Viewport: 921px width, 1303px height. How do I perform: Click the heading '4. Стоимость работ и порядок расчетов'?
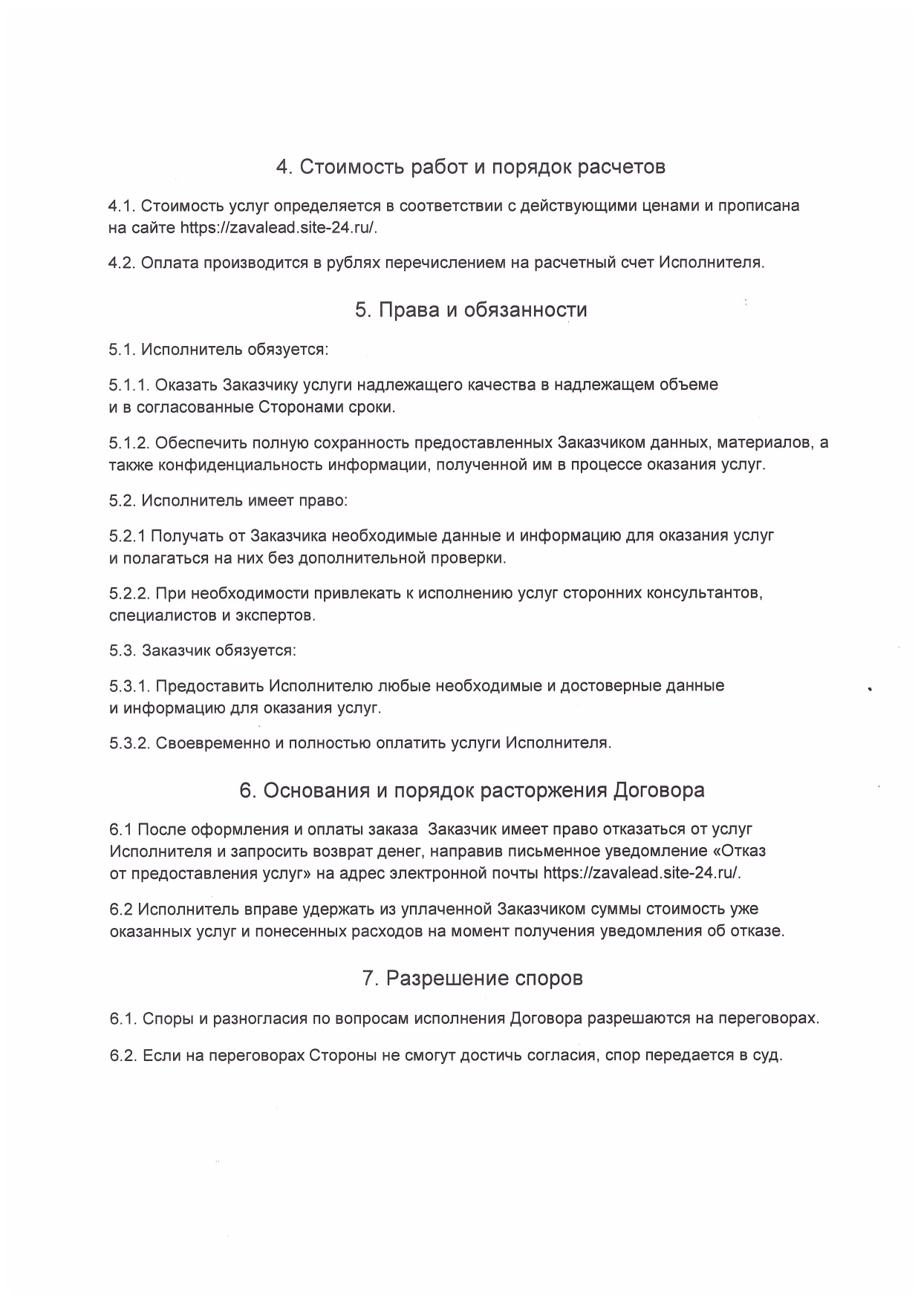(470, 167)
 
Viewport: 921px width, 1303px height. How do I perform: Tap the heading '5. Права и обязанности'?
(471, 310)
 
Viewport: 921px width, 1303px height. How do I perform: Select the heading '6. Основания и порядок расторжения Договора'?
(472, 790)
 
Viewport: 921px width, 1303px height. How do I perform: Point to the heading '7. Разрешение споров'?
(472, 979)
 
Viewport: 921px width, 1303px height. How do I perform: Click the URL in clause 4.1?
(279, 228)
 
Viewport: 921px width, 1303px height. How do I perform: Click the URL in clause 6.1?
(642, 873)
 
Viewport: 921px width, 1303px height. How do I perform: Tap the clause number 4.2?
(121, 263)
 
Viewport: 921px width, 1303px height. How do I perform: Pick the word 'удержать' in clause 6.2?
(325, 910)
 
